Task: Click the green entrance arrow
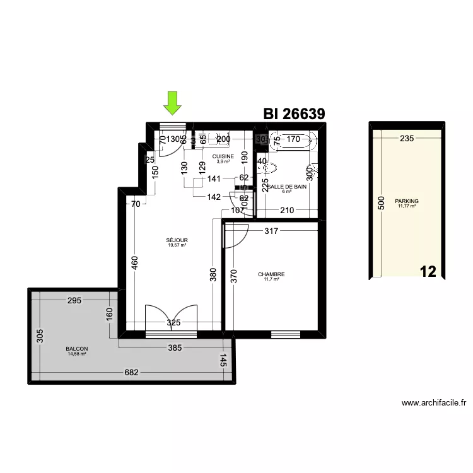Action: [x=172, y=102]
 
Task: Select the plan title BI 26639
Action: [x=294, y=114]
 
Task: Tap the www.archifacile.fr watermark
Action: [x=433, y=403]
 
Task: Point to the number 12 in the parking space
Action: [x=428, y=272]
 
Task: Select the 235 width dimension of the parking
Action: [x=407, y=139]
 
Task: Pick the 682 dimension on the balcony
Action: [x=131, y=373]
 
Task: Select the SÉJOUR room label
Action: [x=177, y=241]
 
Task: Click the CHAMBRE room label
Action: [x=271, y=275]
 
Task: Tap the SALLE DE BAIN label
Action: [x=287, y=187]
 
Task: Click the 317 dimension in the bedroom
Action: [x=271, y=231]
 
